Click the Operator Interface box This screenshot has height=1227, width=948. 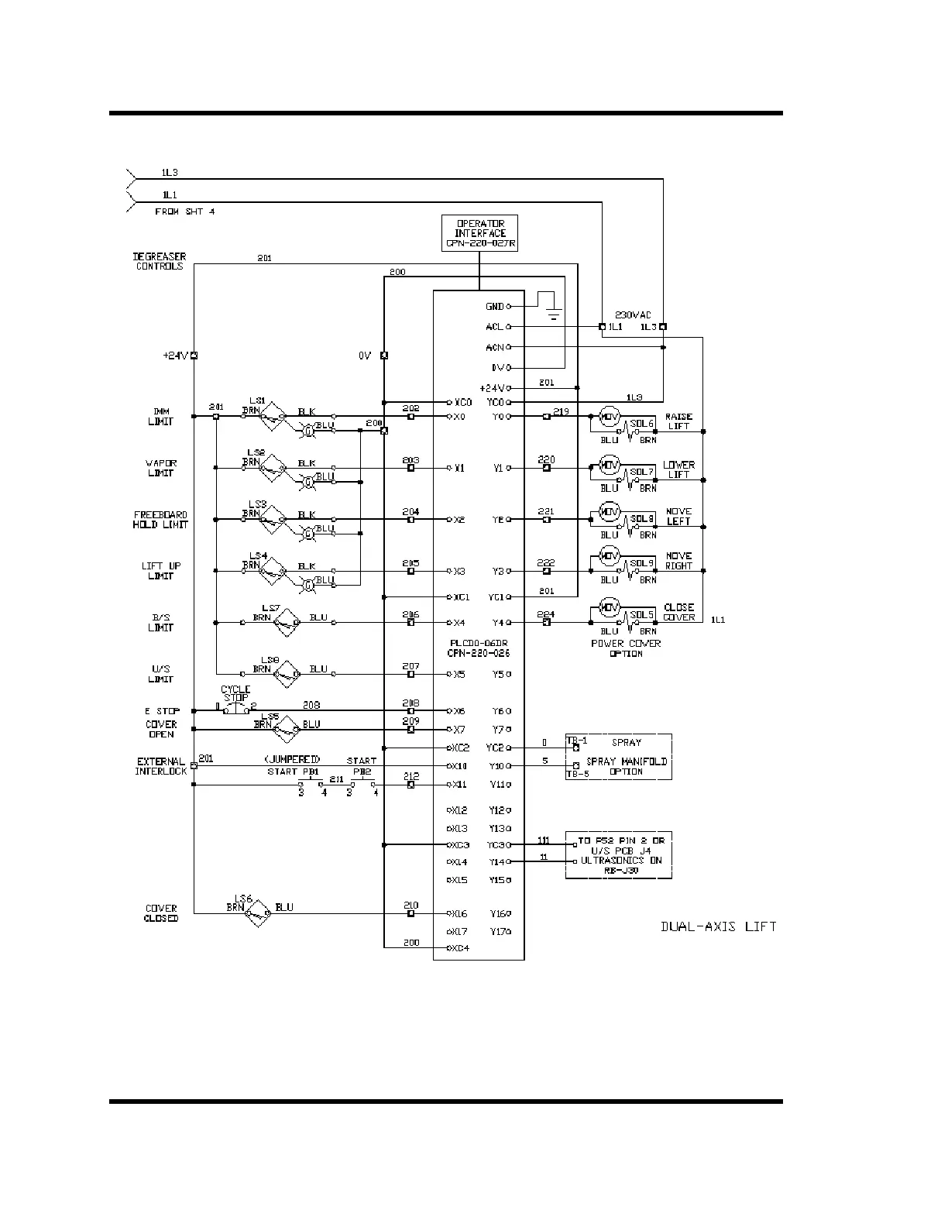[x=479, y=233]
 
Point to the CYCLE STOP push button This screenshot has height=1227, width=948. [x=235, y=708]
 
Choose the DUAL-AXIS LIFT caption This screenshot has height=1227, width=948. [x=717, y=926]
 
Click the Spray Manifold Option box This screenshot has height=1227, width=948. [x=618, y=757]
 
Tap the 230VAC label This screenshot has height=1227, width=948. [x=633, y=315]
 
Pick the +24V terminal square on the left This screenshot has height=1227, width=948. [x=194, y=356]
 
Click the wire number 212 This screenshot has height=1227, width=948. [x=410, y=775]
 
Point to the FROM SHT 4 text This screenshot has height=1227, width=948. [x=184, y=211]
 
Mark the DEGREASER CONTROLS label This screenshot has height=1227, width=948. [x=159, y=261]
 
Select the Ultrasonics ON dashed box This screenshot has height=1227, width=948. [x=618, y=855]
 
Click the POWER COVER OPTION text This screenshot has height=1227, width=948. [x=626, y=648]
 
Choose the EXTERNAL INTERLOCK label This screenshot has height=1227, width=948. [x=161, y=766]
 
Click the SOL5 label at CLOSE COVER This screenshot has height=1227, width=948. [x=641, y=615]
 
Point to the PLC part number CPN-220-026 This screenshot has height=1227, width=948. [x=478, y=653]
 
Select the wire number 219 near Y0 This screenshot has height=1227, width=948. [x=561, y=411]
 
